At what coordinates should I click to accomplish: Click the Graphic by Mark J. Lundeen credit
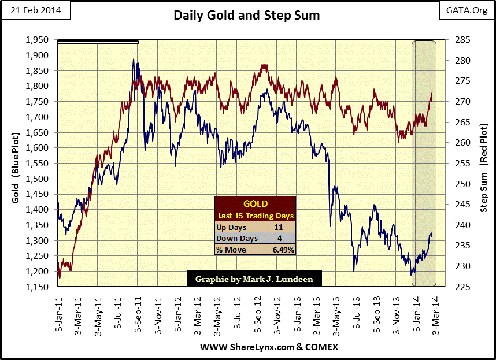click(x=254, y=278)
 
